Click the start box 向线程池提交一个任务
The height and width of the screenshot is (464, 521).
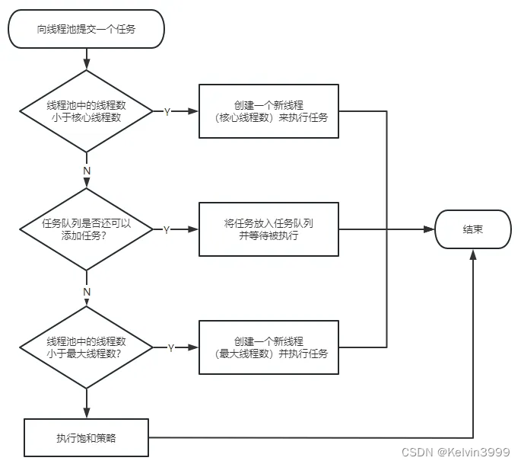pyautogui.click(x=87, y=29)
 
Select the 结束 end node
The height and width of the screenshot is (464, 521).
pyautogui.click(x=473, y=229)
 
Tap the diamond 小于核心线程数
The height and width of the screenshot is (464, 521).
pyautogui.click(x=87, y=111)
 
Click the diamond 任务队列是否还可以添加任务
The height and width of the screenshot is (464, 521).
pyautogui.click(x=87, y=229)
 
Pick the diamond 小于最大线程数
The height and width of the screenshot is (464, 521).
pyautogui.click(x=87, y=347)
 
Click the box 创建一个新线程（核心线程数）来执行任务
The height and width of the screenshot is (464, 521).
pyautogui.click(x=268, y=111)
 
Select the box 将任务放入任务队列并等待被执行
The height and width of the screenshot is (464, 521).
pyautogui.click(x=268, y=229)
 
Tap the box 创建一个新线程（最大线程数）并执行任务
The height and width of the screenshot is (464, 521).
pyautogui.click(x=268, y=347)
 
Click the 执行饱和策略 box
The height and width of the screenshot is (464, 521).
pyautogui.click(x=87, y=437)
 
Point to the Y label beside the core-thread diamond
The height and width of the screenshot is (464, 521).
pyautogui.click(x=167, y=112)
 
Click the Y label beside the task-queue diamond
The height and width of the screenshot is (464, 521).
pyautogui.click(x=167, y=229)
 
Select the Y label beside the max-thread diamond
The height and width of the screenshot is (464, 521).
pyautogui.click(x=171, y=348)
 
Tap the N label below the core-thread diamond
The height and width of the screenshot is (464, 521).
pyautogui.click(x=87, y=171)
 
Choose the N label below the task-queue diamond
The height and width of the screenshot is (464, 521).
pyautogui.click(x=87, y=292)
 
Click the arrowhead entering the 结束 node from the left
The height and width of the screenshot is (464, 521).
pyautogui.click(x=429, y=229)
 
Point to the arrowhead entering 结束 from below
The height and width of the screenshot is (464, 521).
pyautogui.click(x=473, y=254)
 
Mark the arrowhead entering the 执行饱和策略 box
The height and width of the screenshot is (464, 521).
pyautogui.click(x=87, y=413)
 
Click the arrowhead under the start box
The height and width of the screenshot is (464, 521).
pyautogui.click(x=87, y=64)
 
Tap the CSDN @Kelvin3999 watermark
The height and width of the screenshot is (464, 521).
pyautogui.click(x=456, y=452)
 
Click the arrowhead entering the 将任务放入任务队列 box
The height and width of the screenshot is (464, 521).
pyautogui.click(x=193, y=229)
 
